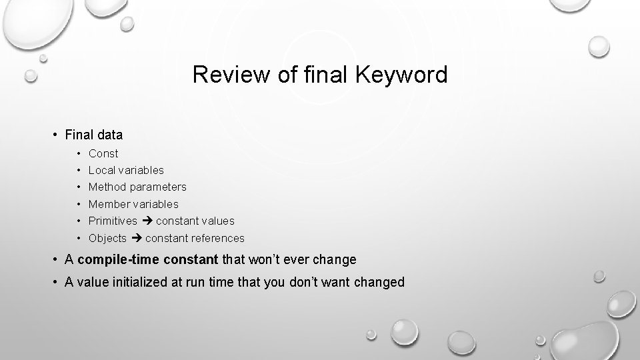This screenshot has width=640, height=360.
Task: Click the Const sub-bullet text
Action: [x=103, y=153]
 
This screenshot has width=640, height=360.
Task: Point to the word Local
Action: [x=102, y=170]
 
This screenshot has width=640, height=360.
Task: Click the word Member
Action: [x=109, y=204]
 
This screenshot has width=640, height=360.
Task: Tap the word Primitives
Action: [x=113, y=221]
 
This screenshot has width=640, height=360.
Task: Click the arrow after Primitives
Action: [x=147, y=221]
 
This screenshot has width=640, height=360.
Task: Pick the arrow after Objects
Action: [x=136, y=238]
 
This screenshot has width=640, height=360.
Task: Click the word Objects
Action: [x=107, y=238]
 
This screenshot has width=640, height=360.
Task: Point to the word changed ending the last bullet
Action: [x=380, y=282]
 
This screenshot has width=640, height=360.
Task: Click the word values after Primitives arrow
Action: [x=218, y=221]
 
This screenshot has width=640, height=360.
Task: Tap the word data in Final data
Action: [x=110, y=135]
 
